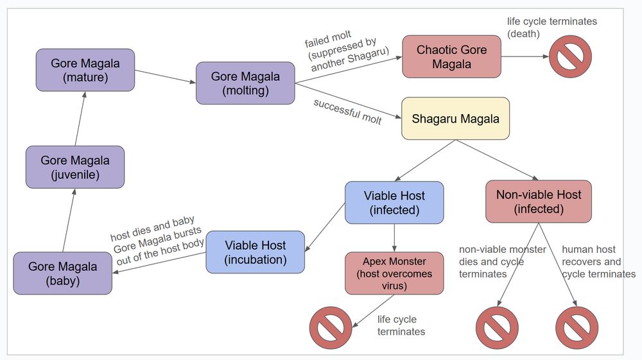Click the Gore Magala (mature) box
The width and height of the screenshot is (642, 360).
tap(85, 70)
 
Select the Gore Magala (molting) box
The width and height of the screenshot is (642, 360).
tap(245, 83)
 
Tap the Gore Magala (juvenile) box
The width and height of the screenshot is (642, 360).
tap(75, 167)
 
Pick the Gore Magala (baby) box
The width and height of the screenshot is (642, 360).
tap(63, 273)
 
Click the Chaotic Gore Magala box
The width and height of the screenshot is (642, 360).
tap(451, 56)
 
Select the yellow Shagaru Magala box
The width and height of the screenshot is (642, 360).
tap(455, 119)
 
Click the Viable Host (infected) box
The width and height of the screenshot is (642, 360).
tap(394, 203)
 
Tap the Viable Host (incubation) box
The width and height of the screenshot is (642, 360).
tap(255, 252)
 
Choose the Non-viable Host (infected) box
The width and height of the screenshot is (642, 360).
tap(538, 201)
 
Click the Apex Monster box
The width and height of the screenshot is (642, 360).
tap(394, 273)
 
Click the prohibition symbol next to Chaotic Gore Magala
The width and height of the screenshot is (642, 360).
tap(570, 57)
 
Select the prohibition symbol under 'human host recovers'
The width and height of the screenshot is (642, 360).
tap(577, 328)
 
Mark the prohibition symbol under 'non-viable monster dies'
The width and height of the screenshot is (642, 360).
tap(497, 328)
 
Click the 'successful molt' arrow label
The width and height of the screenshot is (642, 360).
tap(347, 112)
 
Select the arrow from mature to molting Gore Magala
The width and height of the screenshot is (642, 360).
tap(165, 76)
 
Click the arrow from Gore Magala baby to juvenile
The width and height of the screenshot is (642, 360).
tap(69, 220)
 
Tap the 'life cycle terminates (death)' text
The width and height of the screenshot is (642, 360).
tap(551, 28)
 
